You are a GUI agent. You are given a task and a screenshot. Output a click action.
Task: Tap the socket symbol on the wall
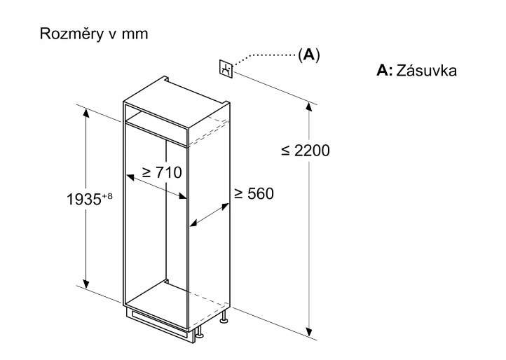(x=226, y=69)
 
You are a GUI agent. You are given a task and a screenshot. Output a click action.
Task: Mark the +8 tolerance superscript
(x=109, y=193)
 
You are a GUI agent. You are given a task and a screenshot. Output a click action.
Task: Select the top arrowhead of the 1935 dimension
(x=86, y=111)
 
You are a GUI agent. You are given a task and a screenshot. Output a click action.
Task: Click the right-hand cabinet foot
(x=224, y=319)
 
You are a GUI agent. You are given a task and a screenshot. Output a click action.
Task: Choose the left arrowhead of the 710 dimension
(x=128, y=174)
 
